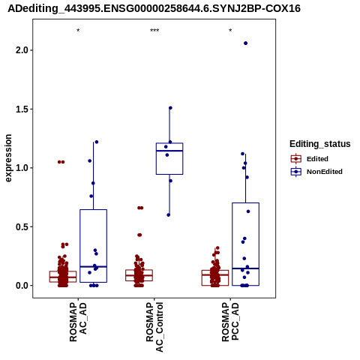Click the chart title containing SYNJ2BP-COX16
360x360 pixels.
[x=154, y=8]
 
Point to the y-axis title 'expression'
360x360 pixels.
[x=8, y=158]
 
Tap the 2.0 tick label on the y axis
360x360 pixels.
[x=21, y=50]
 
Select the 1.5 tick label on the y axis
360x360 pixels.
[x=21, y=109]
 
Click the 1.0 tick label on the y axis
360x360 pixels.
[x=21, y=168]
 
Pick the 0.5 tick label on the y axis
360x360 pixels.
[x=21, y=226]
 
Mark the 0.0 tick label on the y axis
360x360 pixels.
[x=21, y=286]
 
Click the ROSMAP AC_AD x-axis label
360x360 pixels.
[x=78, y=322]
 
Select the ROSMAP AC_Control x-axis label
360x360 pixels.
[x=154, y=327]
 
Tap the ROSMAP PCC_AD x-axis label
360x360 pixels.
[x=230, y=322]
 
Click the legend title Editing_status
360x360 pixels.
[x=320, y=144]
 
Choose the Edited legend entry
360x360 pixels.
[x=309, y=159]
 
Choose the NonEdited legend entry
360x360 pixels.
[x=316, y=172]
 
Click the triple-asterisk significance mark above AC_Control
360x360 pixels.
[x=154, y=31]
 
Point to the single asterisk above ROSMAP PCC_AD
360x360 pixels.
[x=230, y=31]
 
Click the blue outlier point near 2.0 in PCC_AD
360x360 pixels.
[x=245, y=43]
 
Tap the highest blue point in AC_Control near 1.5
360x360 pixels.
[x=170, y=108]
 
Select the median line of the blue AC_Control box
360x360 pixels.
[x=169, y=151]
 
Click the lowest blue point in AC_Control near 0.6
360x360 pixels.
[x=169, y=215]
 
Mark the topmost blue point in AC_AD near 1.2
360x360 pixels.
[x=97, y=142]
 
